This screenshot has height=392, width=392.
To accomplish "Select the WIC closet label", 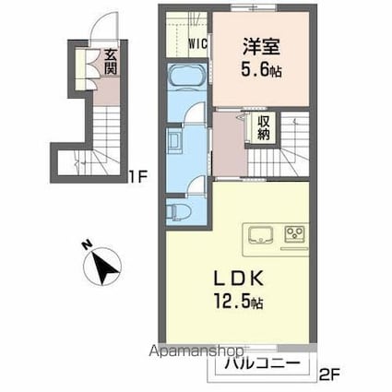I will tap(197, 42).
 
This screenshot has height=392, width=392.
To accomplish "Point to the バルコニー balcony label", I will tap(264, 364).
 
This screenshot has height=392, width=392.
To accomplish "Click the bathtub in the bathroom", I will tap(188, 77).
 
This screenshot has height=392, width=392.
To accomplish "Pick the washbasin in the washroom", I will tap(175, 140).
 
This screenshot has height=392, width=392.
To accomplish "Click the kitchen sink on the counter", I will tap(258, 232).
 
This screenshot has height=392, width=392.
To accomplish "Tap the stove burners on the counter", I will tap(295, 232).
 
